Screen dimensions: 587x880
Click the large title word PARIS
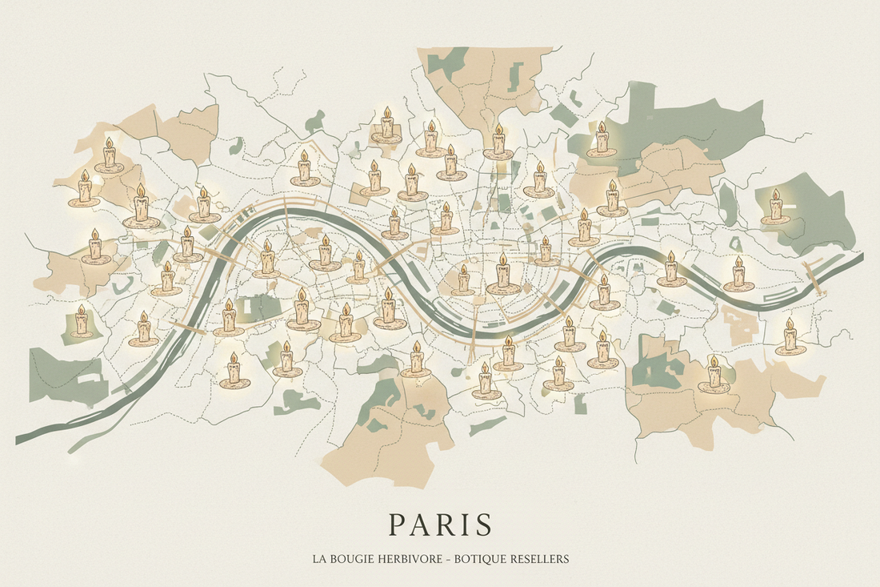coord(439,525)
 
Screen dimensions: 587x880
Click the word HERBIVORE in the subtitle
coord(408,559)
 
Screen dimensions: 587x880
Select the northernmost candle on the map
coord(387,125)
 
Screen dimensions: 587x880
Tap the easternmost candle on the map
coord(789,338)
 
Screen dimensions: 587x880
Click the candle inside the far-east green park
coord(774,208)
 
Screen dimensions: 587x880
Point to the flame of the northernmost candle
coord(387,111)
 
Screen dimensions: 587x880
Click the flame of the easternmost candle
coord(789,324)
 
